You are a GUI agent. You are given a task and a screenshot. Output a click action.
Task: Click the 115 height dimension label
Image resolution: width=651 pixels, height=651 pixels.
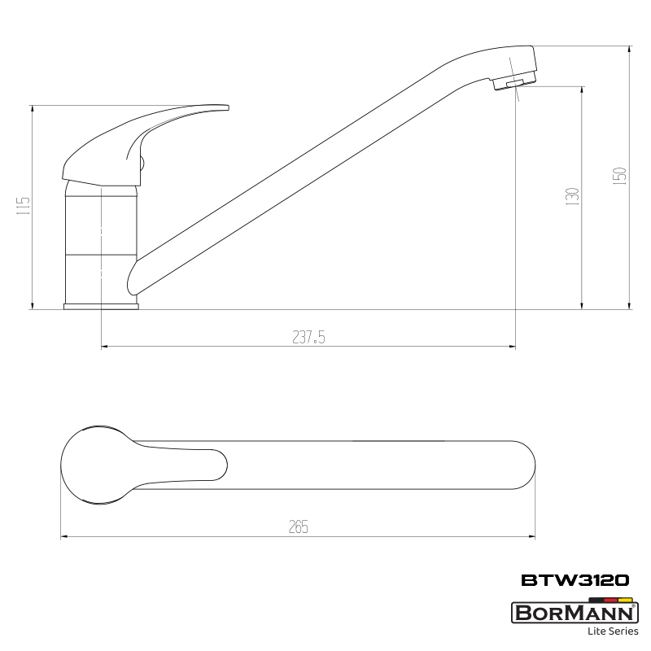[24, 206]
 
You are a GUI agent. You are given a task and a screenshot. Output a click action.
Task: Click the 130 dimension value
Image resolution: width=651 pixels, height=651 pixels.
[572, 196]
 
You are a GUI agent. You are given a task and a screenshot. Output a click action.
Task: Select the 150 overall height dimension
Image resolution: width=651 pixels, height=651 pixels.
[619, 176]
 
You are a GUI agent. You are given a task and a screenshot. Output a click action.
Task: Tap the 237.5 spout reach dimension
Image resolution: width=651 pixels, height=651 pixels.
[308, 337]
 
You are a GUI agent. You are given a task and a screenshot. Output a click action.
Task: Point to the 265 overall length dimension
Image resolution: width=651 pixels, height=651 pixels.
[299, 526]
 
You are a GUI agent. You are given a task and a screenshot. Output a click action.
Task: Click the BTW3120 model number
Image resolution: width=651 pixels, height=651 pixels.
[575, 580]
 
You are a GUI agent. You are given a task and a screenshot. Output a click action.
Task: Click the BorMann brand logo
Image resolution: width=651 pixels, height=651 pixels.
[575, 613]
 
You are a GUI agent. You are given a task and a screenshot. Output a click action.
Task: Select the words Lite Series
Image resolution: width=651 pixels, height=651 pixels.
[613, 631]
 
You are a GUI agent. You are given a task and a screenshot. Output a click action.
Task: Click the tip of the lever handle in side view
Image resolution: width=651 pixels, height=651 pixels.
[228, 107]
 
